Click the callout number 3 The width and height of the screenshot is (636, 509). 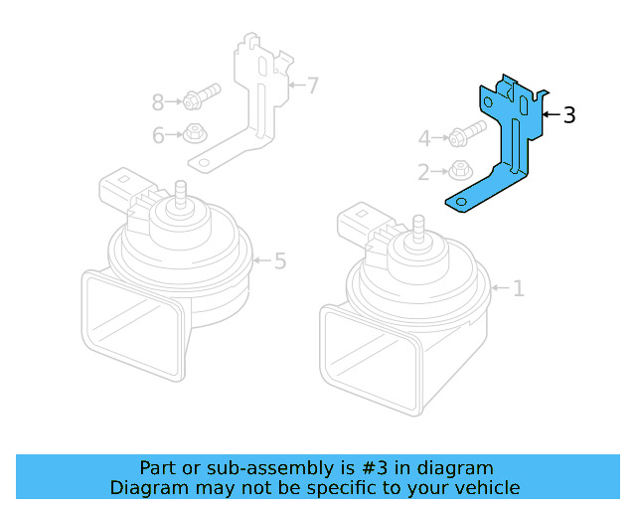(568, 115)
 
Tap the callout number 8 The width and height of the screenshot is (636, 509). (158, 101)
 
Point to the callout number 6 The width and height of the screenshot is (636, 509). (158, 136)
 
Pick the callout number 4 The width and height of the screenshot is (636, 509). (424, 138)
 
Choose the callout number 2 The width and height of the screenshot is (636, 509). (424, 173)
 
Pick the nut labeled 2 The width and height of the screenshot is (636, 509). (458, 169)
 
